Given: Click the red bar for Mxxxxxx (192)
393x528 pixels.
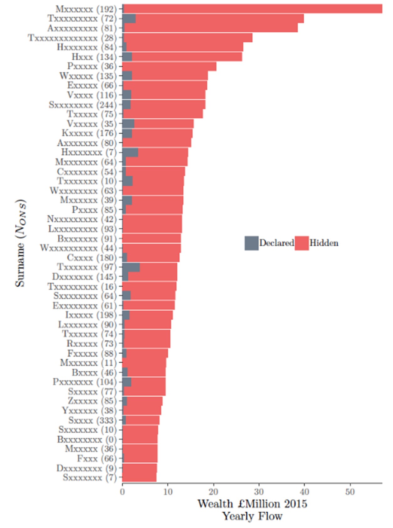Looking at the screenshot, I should [251, 9].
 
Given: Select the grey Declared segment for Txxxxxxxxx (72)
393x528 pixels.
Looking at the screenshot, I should [129, 19].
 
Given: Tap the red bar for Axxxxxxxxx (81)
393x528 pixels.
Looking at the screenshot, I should [210, 28].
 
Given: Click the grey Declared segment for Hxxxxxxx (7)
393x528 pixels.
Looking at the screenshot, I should [130, 152].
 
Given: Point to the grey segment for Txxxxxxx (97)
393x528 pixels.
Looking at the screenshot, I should [131, 267].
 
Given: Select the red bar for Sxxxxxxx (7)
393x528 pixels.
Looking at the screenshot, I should [139, 477].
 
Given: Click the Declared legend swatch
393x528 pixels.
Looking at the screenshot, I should [251, 243].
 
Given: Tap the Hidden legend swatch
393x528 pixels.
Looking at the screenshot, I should [302, 243].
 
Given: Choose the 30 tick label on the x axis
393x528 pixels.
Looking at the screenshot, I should [259, 492].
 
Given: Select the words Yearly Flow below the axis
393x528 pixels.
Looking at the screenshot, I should [252, 516].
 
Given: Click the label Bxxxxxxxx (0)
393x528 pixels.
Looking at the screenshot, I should [86, 439].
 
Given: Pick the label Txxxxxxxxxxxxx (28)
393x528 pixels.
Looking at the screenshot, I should [72, 38].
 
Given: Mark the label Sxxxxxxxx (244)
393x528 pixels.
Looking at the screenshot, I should [82, 104].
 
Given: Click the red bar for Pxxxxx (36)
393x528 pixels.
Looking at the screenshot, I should [169, 66].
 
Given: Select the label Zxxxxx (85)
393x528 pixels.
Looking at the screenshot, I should [92, 401].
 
